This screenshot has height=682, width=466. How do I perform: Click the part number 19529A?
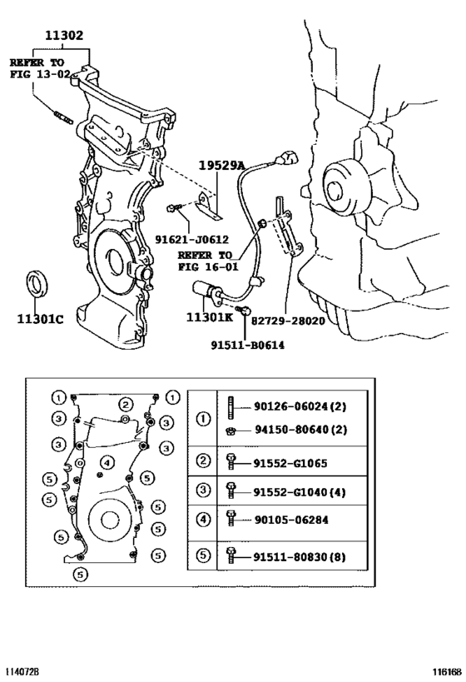221,166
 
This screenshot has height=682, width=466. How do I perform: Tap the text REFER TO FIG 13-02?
39,67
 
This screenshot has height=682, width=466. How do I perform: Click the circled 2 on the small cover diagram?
125,405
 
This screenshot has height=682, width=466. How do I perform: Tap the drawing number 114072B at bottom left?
22,669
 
